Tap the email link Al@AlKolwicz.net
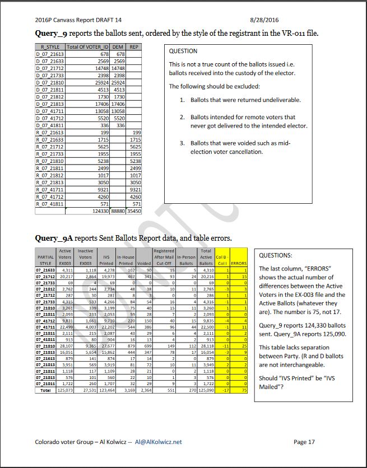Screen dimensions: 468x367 pos(154,442)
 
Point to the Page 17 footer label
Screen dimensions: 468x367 pos(304,442)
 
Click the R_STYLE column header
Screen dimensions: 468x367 pos(50,47)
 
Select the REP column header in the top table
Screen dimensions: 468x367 pos(133,47)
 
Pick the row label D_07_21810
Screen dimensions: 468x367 pos(50,82)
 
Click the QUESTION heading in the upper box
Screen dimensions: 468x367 pos(183,51)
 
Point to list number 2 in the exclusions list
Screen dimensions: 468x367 pos(182,118)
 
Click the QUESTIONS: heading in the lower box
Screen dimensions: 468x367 pos(275,255)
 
